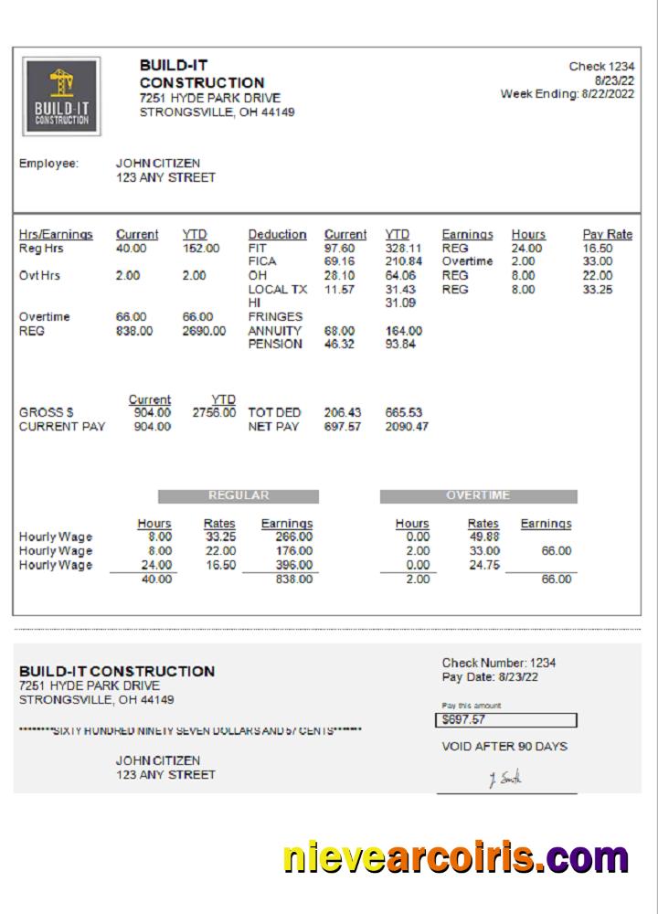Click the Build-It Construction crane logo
point(62,96)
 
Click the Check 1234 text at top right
point(601,67)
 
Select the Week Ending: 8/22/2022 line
point(567,93)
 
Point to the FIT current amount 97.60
point(339,248)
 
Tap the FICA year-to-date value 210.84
point(403,261)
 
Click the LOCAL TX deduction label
point(277,289)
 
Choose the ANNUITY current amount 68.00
point(339,331)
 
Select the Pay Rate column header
point(607,234)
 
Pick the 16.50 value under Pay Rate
point(597,248)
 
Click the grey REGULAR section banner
point(239,496)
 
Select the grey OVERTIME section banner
point(478,496)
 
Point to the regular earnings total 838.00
point(293,579)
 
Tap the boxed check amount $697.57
point(505,720)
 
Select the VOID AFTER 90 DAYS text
point(504,746)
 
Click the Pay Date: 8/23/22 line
point(490,677)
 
